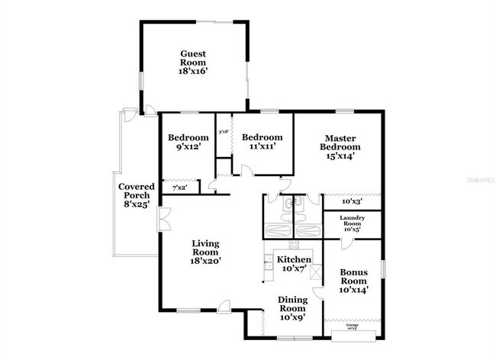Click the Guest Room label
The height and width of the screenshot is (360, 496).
pyautogui.click(x=194, y=61)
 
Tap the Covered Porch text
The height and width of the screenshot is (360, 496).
pyautogui.click(x=137, y=195)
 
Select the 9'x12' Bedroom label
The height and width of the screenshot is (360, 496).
pyautogui.click(x=188, y=142)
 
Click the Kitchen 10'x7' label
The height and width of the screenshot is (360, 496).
pyautogui.click(x=294, y=264)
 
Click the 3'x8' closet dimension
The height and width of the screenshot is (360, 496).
pyautogui.click(x=224, y=132)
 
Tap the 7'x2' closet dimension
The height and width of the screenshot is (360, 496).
pyautogui.click(x=180, y=187)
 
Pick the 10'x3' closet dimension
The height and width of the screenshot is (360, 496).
pyautogui.click(x=350, y=202)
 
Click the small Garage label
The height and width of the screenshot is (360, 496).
pyautogui.click(x=353, y=326)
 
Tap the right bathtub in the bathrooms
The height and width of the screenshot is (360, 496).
pyautogui.click(x=308, y=232)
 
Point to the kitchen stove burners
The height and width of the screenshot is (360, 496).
pyautogui.click(x=293, y=245)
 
